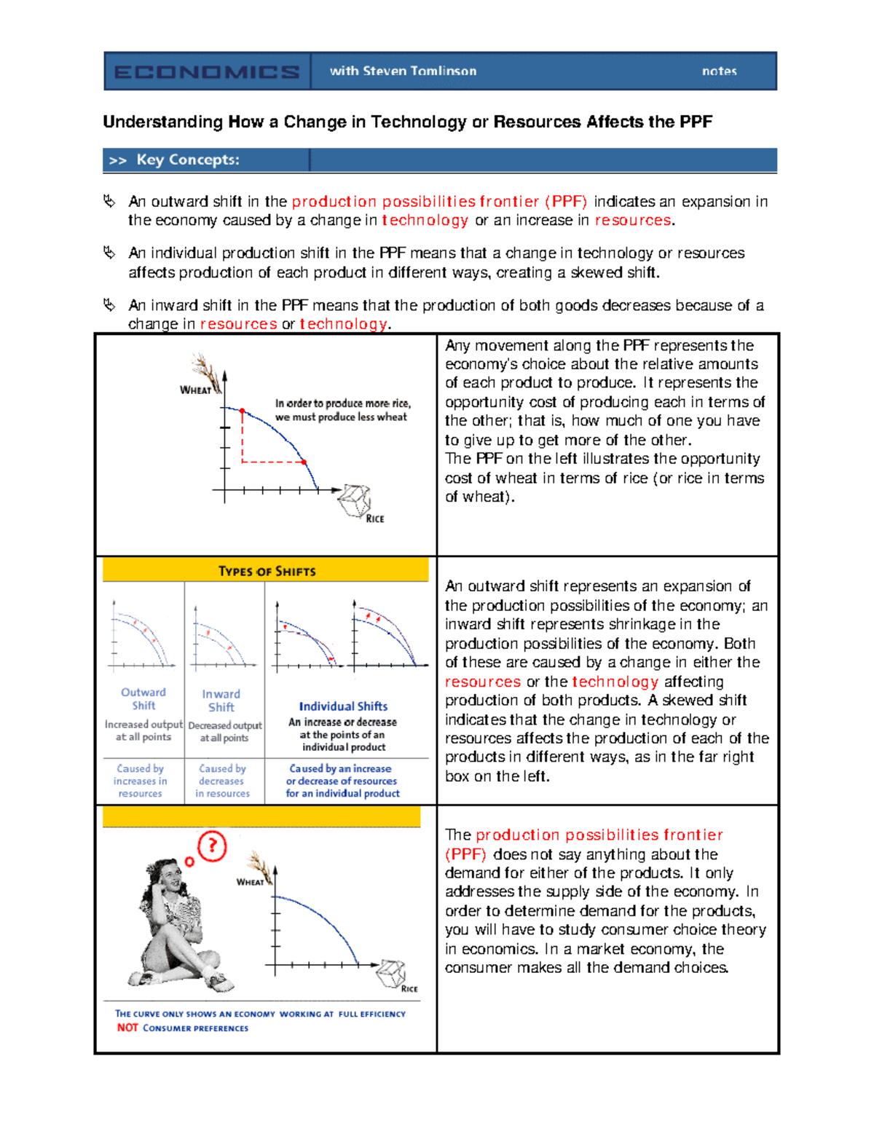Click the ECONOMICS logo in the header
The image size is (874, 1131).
[x=207, y=71]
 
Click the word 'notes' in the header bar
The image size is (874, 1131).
[x=719, y=71]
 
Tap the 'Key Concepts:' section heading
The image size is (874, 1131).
[x=187, y=160]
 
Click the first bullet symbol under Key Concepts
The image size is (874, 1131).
[x=109, y=201]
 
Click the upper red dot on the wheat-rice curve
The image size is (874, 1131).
[x=243, y=411]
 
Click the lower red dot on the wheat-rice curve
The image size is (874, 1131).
[x=304, y=462]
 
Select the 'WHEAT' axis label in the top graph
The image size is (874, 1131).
[x=195, y=390]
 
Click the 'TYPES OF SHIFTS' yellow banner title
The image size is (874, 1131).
[x=267, y=572]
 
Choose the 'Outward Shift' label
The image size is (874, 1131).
[x=143, y=699]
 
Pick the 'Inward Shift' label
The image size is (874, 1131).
[x=221, y=701]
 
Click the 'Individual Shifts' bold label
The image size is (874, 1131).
[x=343, y=706]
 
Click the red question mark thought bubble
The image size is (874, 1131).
[x=212, y=846]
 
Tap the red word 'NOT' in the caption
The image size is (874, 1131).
[x=127, y=1028]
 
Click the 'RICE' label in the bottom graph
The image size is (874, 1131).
[x=409, y=989]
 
